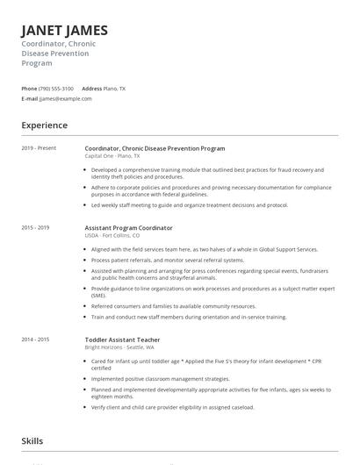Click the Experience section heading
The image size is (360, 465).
click(x=45, y=125)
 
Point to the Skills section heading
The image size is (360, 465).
click(x=33, y=441)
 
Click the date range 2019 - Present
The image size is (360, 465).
click(x=39, y=148)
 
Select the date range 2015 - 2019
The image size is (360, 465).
click(x=36, y=227)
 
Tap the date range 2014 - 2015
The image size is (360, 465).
click(x=36, y=340)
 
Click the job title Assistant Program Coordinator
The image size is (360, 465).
click(x=128, y=228)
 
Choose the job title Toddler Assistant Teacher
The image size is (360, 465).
click(x=122, y=340)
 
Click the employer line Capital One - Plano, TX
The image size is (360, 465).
click(x=112, y=155)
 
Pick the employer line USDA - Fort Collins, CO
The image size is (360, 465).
click(x=113, y=235)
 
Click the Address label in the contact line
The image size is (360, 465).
click(x=91, y=89)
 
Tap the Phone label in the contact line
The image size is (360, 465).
click(x=29, y=89)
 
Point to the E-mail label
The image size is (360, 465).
click(x=30, y=99)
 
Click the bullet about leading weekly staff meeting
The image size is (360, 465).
click(x=189, y=204)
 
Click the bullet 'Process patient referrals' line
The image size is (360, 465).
click(x=167, y=261)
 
